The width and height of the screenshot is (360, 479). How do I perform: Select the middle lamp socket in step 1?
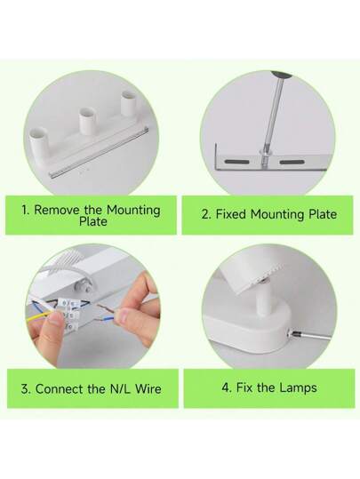pos(87,123)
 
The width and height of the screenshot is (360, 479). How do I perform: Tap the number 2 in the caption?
pos(205,214)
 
